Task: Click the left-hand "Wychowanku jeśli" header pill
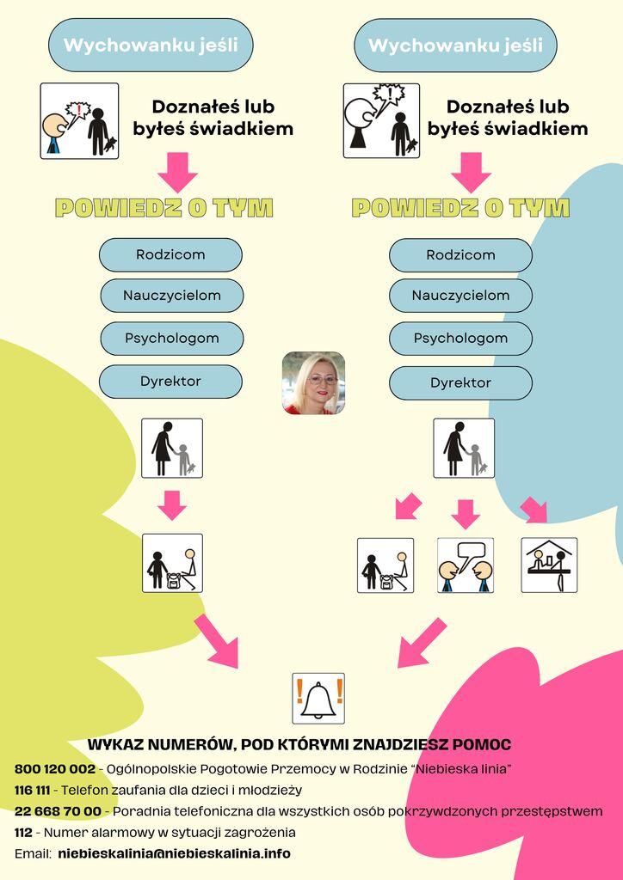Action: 151,45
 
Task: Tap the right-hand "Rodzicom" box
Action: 460,255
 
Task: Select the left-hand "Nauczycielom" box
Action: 172,296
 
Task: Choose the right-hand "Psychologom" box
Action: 460,339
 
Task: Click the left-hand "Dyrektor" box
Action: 170,382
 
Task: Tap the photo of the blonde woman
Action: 313,382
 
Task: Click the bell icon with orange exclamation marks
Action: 318,698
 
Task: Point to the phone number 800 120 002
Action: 55,769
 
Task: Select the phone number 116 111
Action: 32,791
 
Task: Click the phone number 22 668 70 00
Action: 58,811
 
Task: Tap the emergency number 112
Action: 23,832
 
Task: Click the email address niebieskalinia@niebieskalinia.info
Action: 174,853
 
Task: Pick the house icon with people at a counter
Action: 549,565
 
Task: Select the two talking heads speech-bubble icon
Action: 466,565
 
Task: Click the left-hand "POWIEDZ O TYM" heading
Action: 164,208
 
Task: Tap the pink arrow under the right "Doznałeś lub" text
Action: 471,172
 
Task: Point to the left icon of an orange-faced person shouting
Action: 79,120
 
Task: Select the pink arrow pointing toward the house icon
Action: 534,510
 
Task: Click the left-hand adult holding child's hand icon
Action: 172,448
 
